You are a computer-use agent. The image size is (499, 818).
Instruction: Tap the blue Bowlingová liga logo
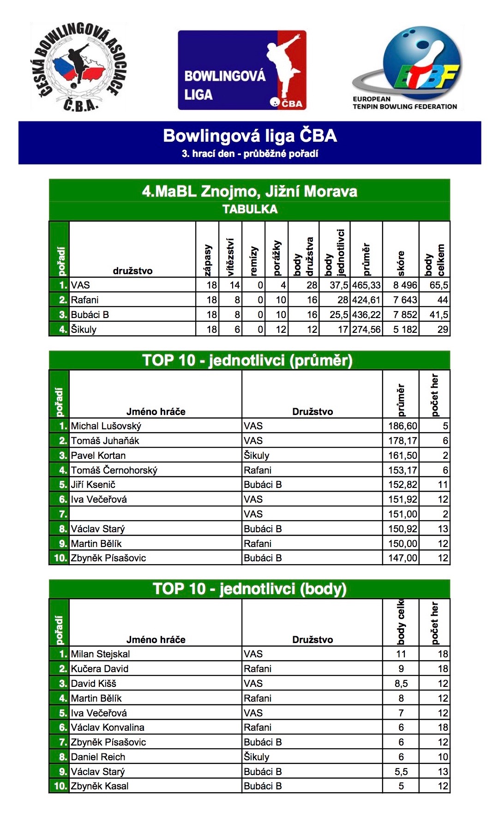(242, 70)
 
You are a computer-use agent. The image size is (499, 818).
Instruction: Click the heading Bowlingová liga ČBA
(250, 136)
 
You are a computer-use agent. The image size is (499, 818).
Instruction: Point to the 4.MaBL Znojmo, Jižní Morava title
(249, 191)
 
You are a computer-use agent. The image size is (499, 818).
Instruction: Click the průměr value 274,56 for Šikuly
(366, 330)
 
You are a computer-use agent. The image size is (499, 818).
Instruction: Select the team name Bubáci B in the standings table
(90, 315)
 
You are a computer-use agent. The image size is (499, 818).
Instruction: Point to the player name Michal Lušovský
(106, 426)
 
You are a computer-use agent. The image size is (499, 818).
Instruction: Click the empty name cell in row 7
(155, 514)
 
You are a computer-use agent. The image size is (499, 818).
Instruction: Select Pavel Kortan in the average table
(98, 456)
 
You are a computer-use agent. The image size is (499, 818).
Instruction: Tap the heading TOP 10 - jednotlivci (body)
(249, 589)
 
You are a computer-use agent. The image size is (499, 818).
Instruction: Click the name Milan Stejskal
(101, 654)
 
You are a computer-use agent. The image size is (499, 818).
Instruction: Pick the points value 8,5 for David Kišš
(401, 684)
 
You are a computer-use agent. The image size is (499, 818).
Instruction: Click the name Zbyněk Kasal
(100, 786)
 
